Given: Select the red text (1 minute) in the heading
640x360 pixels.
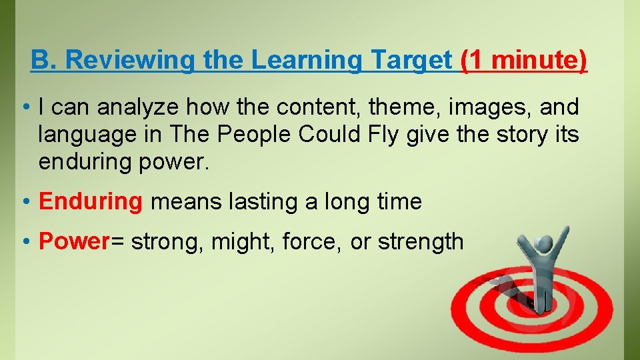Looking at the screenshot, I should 524,61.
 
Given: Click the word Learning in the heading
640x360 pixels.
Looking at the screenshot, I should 307,61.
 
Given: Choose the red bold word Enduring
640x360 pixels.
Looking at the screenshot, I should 91,201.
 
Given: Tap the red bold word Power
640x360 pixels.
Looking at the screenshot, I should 69,241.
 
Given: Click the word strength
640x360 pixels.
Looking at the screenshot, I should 420,241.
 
